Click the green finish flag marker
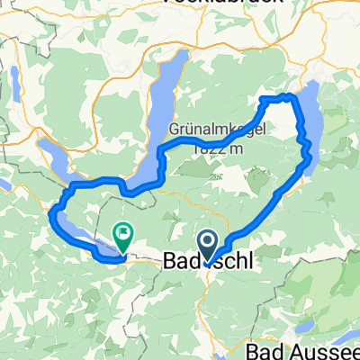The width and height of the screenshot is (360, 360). point(121,237)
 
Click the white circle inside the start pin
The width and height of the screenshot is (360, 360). point(207,242)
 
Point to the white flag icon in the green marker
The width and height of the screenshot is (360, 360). point(121,234)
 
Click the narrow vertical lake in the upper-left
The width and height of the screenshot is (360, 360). point(15,84)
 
